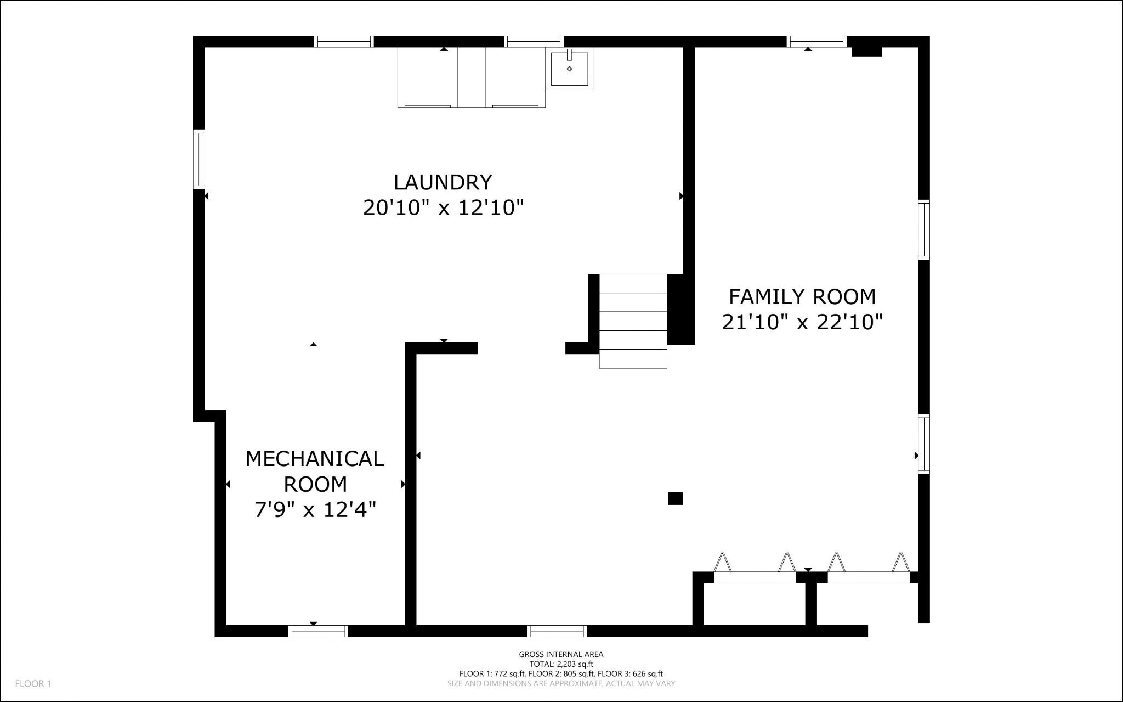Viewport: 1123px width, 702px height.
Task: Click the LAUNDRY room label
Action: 443,182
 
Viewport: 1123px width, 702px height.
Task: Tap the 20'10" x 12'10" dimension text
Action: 443,208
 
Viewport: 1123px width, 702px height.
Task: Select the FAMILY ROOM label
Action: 802,297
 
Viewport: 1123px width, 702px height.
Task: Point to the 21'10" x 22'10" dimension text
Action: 802,322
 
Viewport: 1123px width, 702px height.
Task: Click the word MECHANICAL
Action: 314,459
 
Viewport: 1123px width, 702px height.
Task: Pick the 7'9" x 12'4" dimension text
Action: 315,510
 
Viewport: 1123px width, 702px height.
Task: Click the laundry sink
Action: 569,69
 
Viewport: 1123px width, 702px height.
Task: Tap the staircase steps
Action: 633,321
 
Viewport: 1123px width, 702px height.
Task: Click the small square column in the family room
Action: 675,498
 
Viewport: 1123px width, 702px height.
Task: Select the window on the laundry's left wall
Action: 198,159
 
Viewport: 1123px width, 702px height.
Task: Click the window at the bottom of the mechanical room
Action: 318,631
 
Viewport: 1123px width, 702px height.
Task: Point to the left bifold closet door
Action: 755,576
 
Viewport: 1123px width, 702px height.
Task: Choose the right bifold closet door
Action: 868,576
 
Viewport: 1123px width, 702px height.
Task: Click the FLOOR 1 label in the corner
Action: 33,684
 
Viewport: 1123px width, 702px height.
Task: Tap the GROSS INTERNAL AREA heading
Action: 561,654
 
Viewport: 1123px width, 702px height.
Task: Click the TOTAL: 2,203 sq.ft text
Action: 561,664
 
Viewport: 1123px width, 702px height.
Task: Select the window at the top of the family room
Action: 816,41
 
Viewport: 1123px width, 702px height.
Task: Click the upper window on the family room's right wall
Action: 924,230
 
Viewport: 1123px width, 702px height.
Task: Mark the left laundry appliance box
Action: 428,77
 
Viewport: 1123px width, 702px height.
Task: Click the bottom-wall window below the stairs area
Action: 557,631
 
